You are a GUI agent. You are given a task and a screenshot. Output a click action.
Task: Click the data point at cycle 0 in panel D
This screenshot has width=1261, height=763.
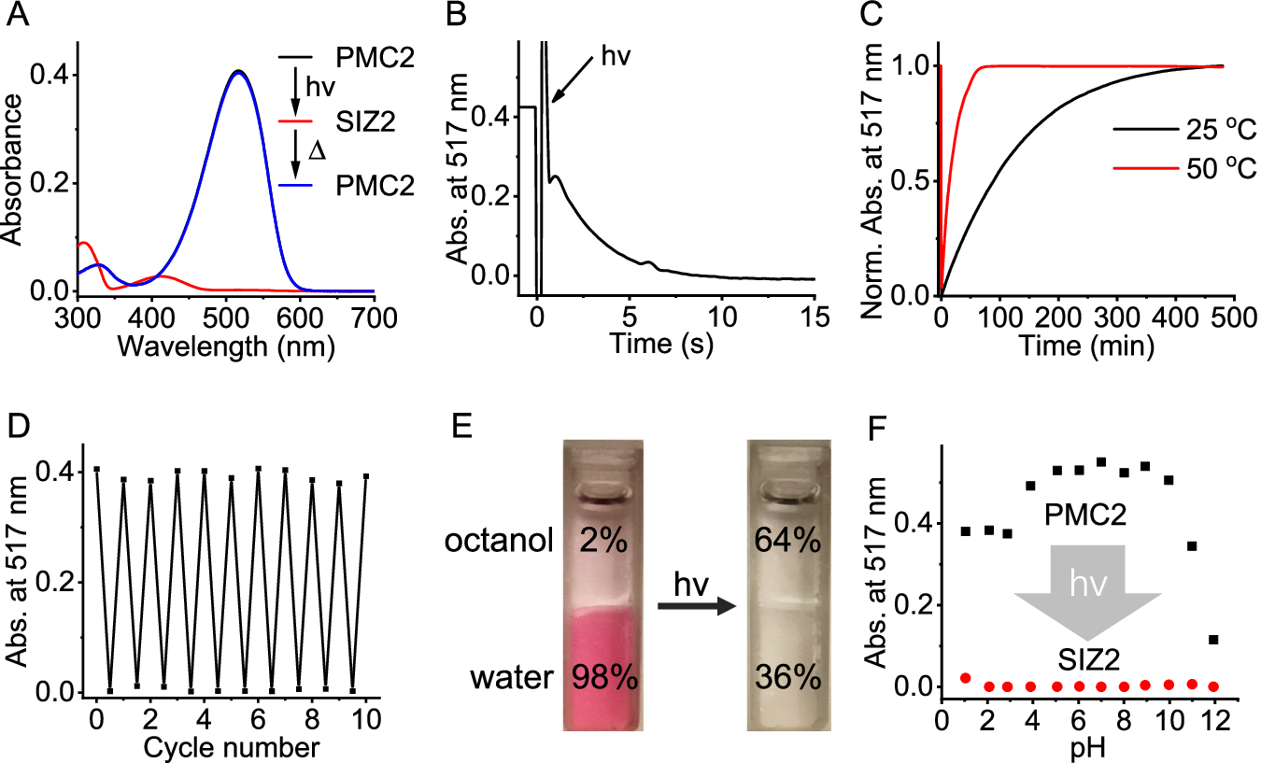coord(96,469)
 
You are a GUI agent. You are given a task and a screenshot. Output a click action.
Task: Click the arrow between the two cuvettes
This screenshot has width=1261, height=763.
coord(696,605)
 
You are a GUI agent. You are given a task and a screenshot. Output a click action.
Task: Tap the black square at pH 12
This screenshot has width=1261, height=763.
coord(1213,640)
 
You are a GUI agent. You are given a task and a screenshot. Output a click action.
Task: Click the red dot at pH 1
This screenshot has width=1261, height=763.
coord(965,678)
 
